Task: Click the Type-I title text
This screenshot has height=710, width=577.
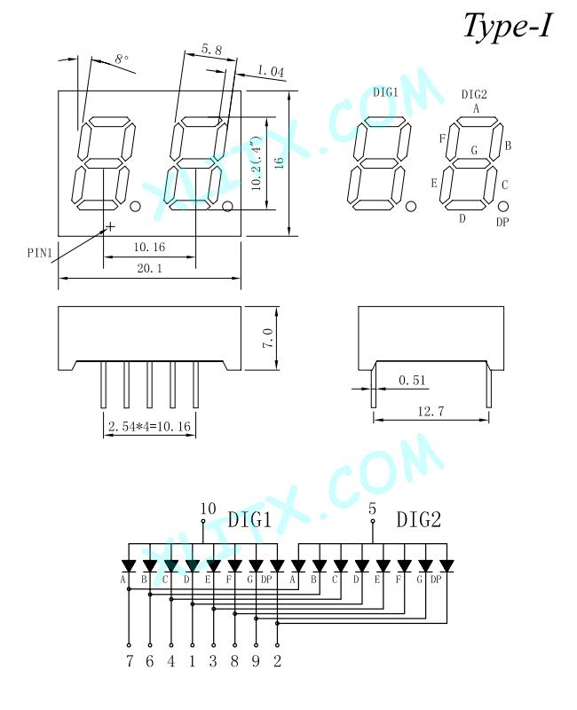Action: tap(508, 27)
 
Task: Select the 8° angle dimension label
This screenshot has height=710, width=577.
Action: tap(122, 59)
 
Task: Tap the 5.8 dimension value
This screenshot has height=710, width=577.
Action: tap(211, 50)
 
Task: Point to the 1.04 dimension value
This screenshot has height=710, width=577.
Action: tap(271, 71)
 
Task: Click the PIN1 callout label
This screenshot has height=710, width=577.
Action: tap(40, 253)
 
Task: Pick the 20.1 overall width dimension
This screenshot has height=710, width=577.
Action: tap(149, 268)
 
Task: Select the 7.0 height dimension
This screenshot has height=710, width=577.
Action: tap(268, 338)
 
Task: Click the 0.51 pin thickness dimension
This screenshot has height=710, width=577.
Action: tap(413, 381)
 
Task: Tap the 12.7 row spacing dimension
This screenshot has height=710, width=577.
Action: tap(431, 411)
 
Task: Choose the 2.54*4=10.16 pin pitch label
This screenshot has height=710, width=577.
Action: tap(149, 427)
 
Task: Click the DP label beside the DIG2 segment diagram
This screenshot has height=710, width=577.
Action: tap(502, 222)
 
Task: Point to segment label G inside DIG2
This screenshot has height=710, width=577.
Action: tap(474, 150)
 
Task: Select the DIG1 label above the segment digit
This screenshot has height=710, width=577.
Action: tap(385, 92)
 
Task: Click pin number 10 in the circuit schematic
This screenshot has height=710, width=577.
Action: tap(208, 509)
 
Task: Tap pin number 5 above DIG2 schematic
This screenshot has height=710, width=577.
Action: tap(372, 509)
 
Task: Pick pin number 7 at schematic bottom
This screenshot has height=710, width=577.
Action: tap(130, 661)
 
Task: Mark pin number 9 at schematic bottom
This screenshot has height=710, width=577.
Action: tap(256, 661)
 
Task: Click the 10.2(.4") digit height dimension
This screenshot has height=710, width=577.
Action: tap(257, 163)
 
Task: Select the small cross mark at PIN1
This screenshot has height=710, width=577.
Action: tap(110, 226)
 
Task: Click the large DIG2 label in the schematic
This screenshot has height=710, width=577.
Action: tap(418, 519)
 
